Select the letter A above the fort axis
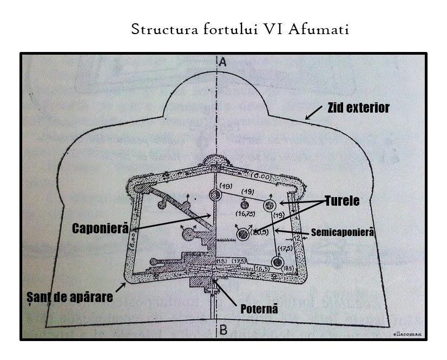coord(221,61)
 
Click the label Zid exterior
coord(358,108)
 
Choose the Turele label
coord(342,201)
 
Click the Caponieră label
coord(100,228)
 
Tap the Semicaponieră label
coord(343,232)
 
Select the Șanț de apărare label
coord(70,297)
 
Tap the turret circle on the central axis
coord(214,195)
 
